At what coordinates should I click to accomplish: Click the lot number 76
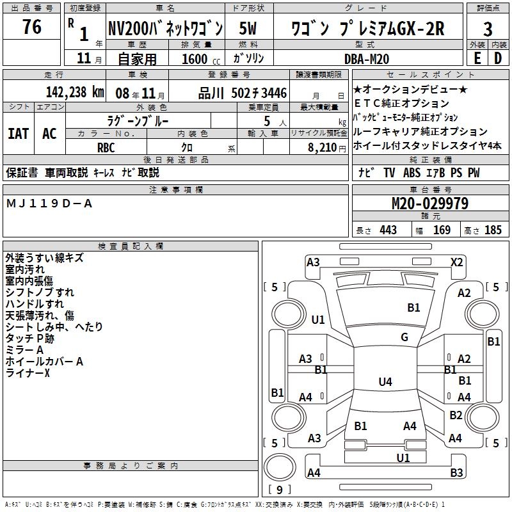(31, 28)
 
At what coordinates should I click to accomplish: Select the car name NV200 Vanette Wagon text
(165, 29)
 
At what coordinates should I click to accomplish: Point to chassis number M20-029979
(429, 204)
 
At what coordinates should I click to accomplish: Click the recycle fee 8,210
(318, 147)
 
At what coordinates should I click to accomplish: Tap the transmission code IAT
(18, 133)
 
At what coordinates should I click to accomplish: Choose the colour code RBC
(106, 147)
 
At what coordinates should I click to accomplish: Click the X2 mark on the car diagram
(457, 262)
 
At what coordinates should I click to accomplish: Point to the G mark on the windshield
(404, 337)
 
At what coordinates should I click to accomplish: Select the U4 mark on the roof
(385, 382)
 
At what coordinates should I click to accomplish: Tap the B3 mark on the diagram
(456, 473)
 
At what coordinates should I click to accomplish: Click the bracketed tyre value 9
(278, 490)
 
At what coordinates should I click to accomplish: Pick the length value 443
(388, 230)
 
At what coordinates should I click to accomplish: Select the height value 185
(493, 230)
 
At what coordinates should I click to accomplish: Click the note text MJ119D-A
(49, 204)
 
